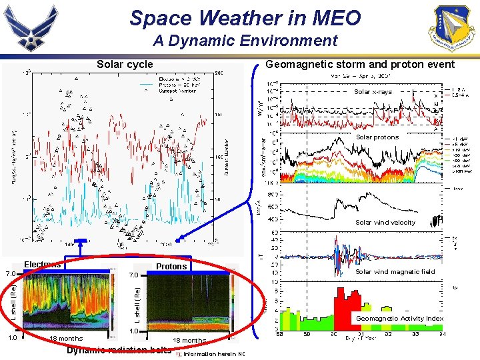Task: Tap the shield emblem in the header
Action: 454,27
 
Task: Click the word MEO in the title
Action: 335,18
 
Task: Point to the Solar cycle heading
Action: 125,65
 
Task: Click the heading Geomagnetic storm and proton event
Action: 360,65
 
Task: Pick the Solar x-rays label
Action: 373,92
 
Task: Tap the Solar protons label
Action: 377,137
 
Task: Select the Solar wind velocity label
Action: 385,223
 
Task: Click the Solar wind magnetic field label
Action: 395,271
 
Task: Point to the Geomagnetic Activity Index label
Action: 399,319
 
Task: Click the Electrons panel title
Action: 42,265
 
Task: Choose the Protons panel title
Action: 171,267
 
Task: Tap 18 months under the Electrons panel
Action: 67,339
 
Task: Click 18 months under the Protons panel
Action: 189,341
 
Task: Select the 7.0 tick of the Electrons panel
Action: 10,274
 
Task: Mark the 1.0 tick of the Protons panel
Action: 133,331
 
